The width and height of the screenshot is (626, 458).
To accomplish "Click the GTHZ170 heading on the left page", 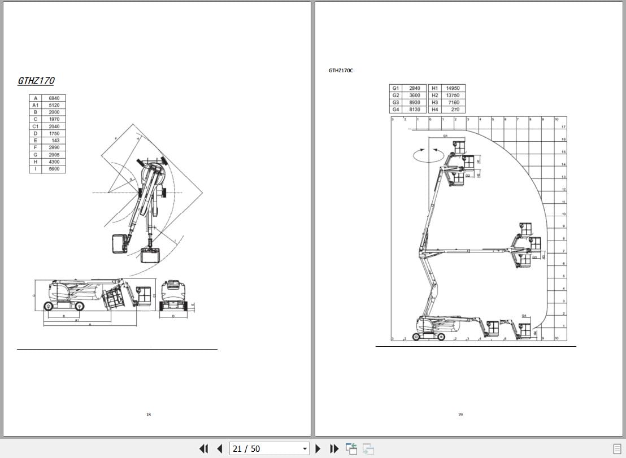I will (x=36, y=81).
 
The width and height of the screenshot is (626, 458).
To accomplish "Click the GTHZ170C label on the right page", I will (x=341, y=71).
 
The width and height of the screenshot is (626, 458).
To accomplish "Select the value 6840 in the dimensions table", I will (x=54, y=98).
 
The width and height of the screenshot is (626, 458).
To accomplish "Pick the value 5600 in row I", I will (x=54, y=169).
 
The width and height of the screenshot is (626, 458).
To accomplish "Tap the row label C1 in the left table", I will (x=36, y=127).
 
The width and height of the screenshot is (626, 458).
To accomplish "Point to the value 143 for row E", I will (x=55, y=141).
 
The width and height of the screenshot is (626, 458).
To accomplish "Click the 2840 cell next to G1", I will (x=415, y=88).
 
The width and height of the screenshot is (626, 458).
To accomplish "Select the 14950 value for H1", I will (x=453, y=88).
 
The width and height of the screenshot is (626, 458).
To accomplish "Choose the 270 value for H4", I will (x=455, y=110).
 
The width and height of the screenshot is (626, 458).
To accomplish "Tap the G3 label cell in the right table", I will (x=395, y=102).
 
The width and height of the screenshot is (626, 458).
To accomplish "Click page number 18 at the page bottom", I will (x=149, y=415).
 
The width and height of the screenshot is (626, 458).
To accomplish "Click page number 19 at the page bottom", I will (x=460, y=415).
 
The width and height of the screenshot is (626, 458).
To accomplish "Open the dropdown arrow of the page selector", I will (x=305, y=449).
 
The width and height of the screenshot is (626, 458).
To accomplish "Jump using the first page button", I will (x=204, y=448).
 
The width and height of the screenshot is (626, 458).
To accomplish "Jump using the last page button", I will (x=334, y=448).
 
